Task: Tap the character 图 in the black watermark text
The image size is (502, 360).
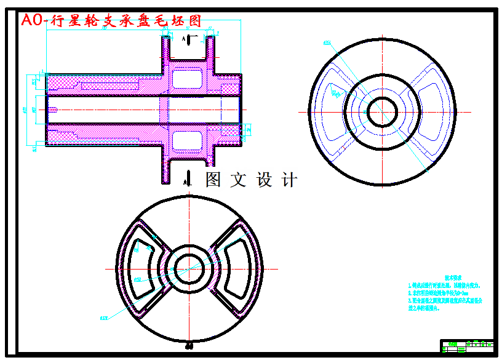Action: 213,180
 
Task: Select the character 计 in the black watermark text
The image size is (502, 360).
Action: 289,180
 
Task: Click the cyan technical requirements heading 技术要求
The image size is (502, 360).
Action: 453,278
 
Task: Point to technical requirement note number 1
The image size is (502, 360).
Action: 443,286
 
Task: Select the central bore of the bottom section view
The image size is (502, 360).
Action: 189,268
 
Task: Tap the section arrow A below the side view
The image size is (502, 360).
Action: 186,179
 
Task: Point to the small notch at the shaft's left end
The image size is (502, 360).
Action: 52,110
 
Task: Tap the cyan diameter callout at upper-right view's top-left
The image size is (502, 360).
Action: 325,43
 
